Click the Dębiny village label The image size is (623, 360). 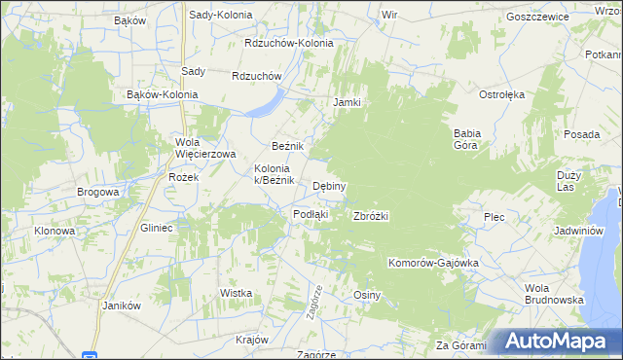coord(330,186)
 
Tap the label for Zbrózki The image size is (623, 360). coord(371,216)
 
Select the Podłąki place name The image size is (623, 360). coord(311,214)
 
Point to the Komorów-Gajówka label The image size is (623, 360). coord(433,263)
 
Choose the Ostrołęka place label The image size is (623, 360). coord(501,94)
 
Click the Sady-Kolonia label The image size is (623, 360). coord(220,16)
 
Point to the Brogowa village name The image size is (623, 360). coord(97,192)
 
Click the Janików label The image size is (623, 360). coord(122,305)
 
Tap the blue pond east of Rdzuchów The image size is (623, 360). coord(265,103)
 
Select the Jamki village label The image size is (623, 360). coord(348,102)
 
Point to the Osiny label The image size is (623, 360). coord(366,295)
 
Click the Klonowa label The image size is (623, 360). coord(55,231)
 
